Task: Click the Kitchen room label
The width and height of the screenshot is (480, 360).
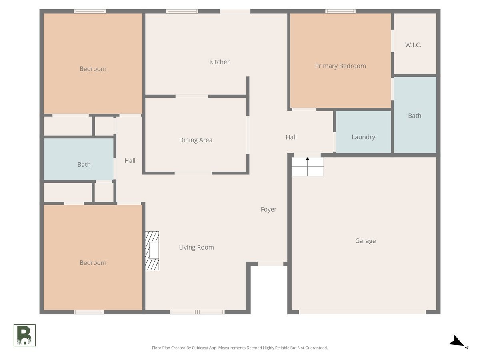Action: point(220,62)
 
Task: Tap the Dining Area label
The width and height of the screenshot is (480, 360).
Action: point(196,140)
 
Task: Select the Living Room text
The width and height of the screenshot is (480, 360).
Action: point(196,247)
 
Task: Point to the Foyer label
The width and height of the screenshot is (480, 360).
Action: point(268,209)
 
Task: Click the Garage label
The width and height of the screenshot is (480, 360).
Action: point(365,241)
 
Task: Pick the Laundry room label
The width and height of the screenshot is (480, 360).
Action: point(363,137)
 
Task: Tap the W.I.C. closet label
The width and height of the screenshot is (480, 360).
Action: point(413,45)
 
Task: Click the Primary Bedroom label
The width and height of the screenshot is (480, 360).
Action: point(340,66)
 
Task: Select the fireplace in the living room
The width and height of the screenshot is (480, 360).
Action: point(152,250)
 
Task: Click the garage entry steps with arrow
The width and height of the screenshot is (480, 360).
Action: point(308,166)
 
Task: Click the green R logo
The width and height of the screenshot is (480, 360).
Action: point(24,335)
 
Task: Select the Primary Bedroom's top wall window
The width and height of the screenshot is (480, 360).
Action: point(340,11)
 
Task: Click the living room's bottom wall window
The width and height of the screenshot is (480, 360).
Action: point(197,312)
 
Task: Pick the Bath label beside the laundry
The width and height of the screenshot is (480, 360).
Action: point(415,116)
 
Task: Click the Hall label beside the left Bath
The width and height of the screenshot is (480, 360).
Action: point(130,161)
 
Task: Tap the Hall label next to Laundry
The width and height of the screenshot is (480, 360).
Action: point(291,137)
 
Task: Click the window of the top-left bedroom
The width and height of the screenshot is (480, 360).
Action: point(90,11)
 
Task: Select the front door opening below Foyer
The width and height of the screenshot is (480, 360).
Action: point(270,264)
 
